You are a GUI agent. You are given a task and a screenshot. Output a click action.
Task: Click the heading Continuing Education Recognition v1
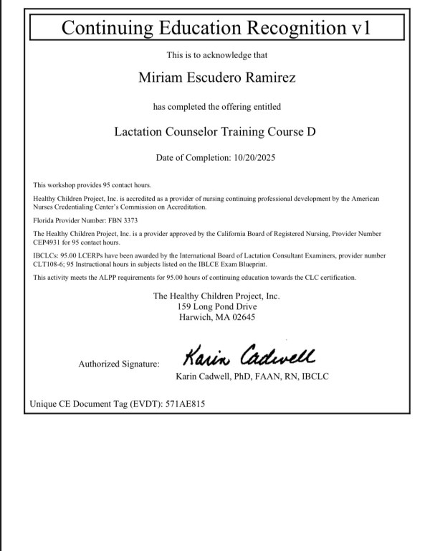[x=216, y=28]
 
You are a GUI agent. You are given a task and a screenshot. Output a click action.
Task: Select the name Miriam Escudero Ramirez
[x=216, y=77]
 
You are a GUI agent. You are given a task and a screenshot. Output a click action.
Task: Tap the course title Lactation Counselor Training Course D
[x=215, y=131]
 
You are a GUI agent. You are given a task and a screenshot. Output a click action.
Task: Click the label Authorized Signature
[x=119, y=364]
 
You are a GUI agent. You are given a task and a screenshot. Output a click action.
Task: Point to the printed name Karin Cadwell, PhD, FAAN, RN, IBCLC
[x=252, y=377]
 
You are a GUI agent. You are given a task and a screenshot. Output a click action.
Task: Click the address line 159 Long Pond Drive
[x=216, y=306]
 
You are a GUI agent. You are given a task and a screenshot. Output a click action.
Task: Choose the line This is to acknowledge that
[x=216, y=55]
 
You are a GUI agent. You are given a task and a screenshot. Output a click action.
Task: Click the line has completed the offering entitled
[x=216, y=106]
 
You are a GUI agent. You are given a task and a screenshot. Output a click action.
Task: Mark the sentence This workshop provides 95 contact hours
[x=92, y=185]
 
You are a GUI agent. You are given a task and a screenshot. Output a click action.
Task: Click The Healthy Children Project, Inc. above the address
[x=216, y=296]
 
